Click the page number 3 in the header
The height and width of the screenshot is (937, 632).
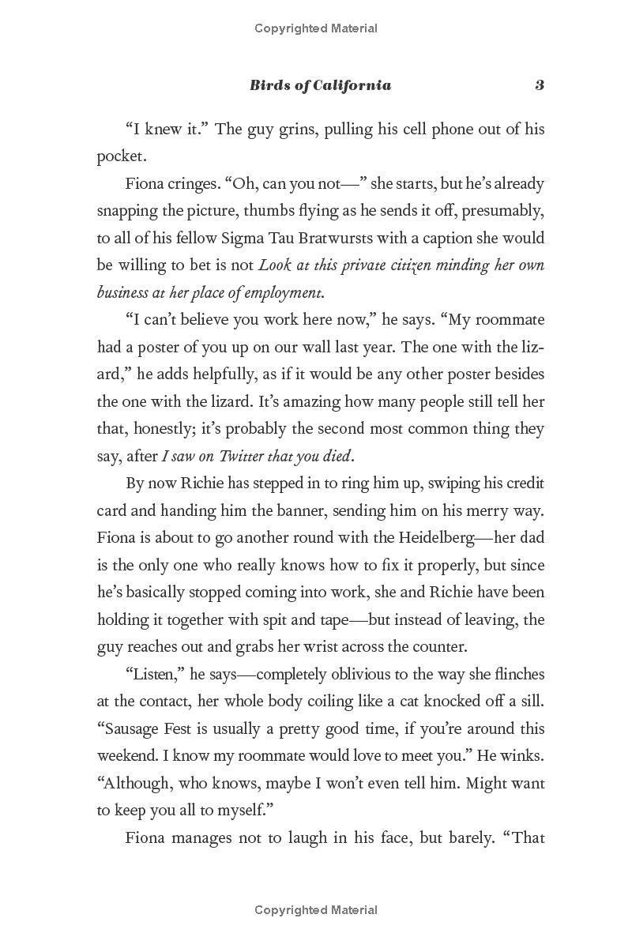coord(540,85)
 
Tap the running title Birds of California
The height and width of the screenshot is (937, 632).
coord(320,85)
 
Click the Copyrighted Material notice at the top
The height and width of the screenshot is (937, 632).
coord(316,28)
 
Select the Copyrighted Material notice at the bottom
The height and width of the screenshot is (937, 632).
coord(316,910)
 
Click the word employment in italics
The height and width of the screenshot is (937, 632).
coord(283,292)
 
